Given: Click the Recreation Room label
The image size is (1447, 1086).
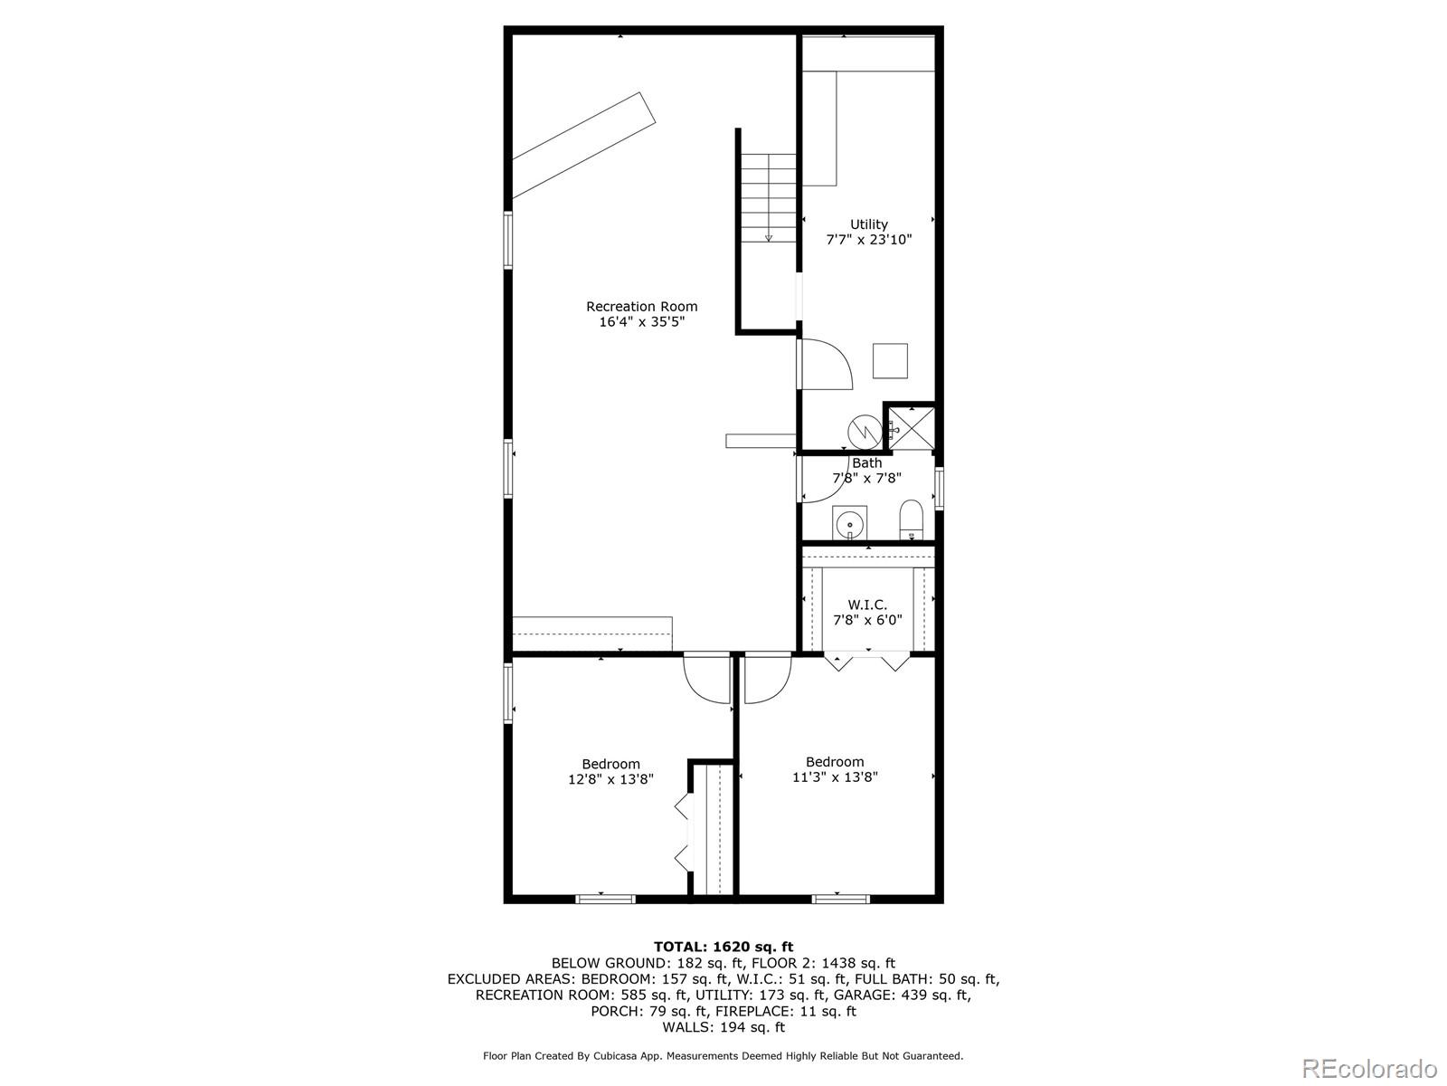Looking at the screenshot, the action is pyautogui.click(x=641, y=307).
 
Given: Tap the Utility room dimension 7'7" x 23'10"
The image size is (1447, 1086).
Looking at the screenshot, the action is pyautogui.click(x=869, y=239).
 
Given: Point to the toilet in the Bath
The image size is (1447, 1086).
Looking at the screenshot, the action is pyautogui.click(x=912, y=519).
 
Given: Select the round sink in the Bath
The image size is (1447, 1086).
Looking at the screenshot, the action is pyautogui.click(x=849, y=525).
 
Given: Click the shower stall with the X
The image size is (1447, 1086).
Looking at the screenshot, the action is pyautogui.click(x=911, y=429).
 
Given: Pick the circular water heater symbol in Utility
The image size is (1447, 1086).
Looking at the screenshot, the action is pyautogui.click(x=865, y=432).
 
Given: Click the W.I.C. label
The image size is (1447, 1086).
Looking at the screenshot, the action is pyautogui.click(x=867, y=605).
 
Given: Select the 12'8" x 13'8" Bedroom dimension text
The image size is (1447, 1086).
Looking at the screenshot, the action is pyautogui.click(x=610, y=779).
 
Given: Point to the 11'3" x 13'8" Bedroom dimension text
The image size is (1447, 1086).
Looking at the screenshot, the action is pyautogui.click(x=835, y=777).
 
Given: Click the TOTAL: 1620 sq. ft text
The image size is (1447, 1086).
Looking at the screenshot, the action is pyautogui.click(x=723, y=948).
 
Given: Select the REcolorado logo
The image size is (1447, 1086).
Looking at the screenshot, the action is pyautogui.click(x=1369, y=1068).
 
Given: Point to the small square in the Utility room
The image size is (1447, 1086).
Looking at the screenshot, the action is pyautogui.click(x=890, y=361).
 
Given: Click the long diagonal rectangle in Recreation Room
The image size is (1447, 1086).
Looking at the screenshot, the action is pyautogui.click(x=583, y=145).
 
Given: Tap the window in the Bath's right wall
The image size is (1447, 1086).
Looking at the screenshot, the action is pyautogui.click(x=940, y=489).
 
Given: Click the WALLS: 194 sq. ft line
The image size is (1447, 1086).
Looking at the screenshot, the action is pyautogui.click(x=723, y=1027).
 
